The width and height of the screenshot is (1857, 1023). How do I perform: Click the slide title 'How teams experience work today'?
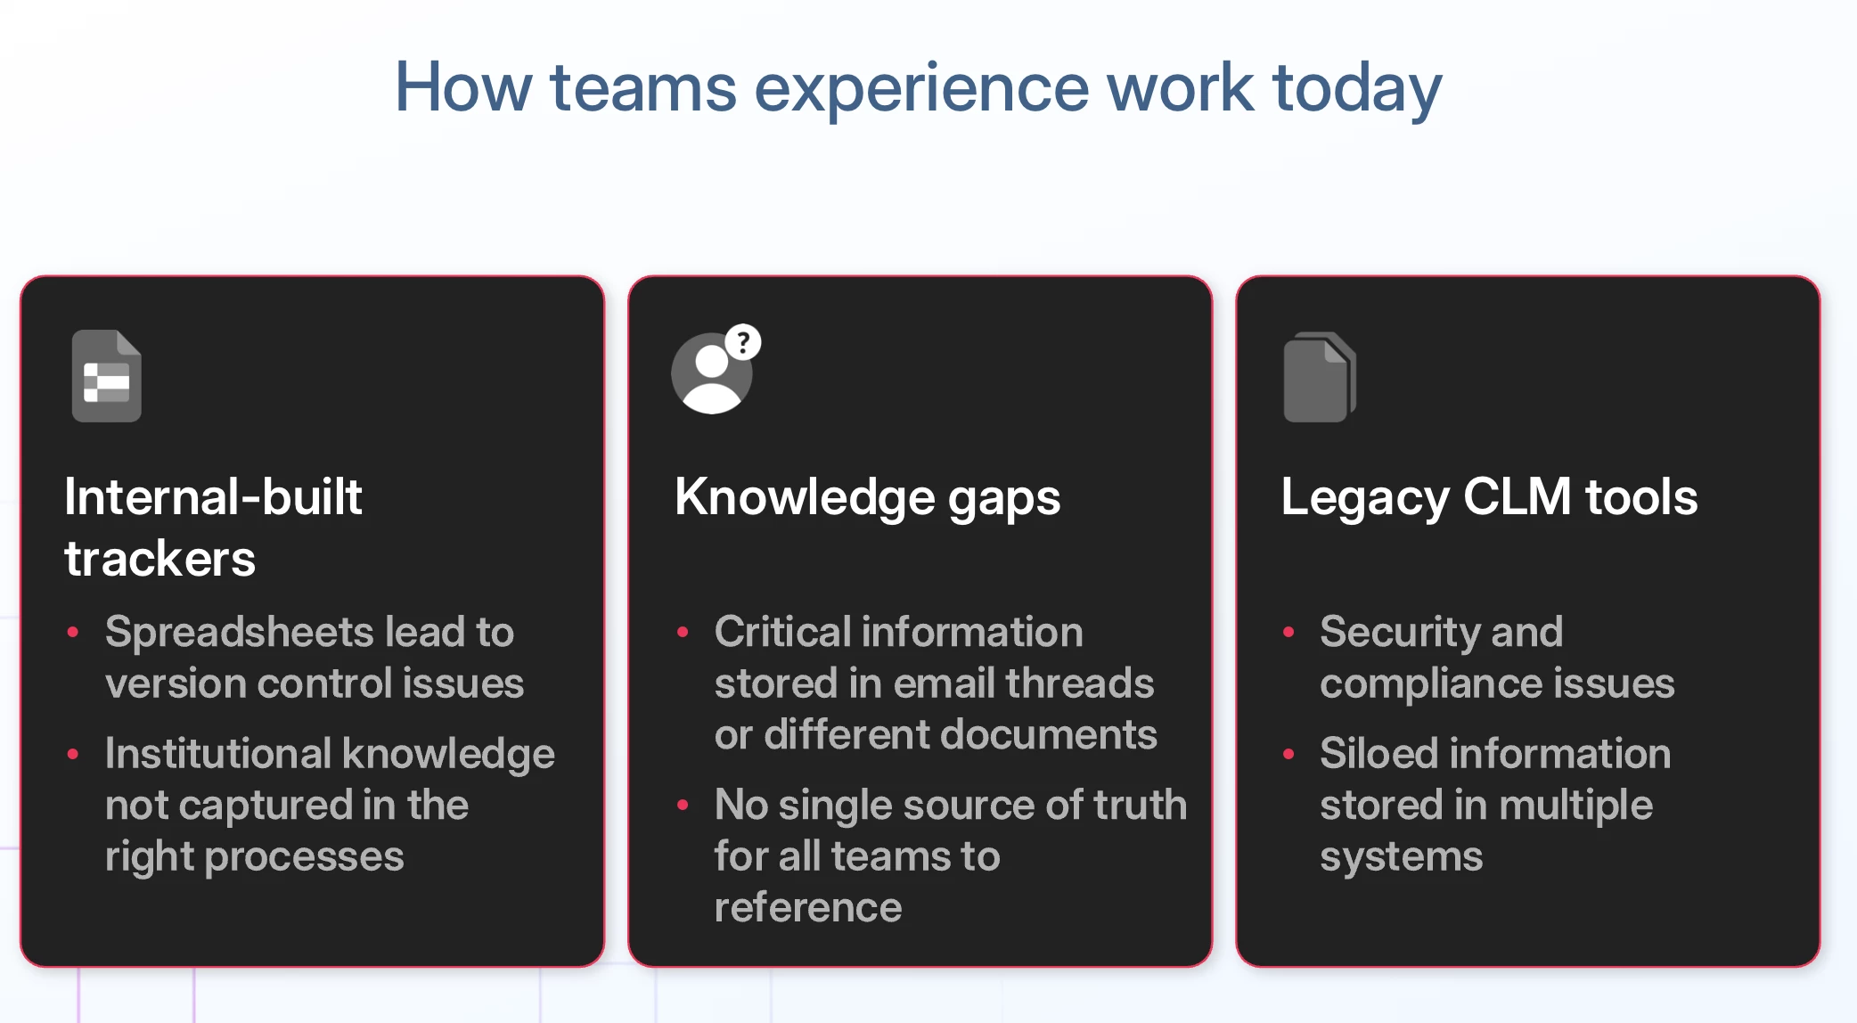919,88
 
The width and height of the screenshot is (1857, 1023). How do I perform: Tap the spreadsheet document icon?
107,375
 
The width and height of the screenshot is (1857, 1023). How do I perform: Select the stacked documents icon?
1320,377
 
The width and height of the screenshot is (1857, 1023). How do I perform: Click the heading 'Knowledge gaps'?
868,497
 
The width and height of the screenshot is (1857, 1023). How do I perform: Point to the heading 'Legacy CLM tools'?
1489,497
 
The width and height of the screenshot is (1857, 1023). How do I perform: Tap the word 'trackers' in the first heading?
160,559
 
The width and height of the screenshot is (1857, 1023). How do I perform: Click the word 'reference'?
808,908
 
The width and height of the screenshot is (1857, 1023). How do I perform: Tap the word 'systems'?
1402,857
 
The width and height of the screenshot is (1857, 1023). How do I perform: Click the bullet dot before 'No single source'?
683,805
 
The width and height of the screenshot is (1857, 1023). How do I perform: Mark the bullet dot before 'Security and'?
1288,632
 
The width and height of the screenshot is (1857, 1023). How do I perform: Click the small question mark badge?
743,342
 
